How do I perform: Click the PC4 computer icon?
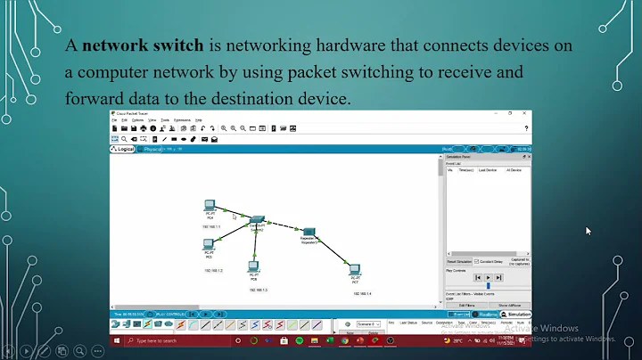(x=210, y=206)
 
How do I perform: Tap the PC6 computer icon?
(x=253, y=266)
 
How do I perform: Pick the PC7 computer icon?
(x=355, y=268)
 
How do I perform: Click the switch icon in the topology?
(x=258, y=219)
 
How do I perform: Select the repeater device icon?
(x=309, y=232)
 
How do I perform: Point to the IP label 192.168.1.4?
(x=362, y=293)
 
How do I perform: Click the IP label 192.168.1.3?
(x=259, y=290)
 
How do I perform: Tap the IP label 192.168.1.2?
(x=212, y=270)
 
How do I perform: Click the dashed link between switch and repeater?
(x=284, y=225)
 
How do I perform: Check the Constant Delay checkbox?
(x=476, y=261)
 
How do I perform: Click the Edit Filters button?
(x=466, y=306)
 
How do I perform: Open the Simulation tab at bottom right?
(x=515, y=314)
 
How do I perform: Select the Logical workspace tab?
(x=123, y=149)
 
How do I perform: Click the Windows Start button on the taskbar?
(x=115, y=341)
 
